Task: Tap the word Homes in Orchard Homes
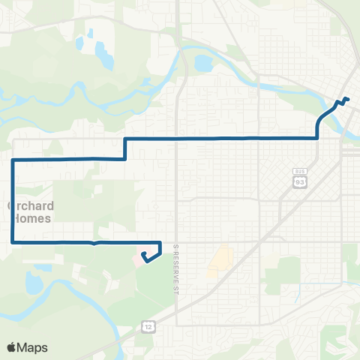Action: (29, 218)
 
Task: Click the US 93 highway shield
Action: (299, 182)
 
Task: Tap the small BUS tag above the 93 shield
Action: (299, 172)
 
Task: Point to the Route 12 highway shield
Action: (145, 326)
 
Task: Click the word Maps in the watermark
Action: (33, 347)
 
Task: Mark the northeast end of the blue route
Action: (347, 99)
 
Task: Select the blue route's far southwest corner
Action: (13, 241)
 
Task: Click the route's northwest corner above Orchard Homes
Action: (13, 160)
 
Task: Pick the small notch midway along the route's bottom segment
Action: (92, 243)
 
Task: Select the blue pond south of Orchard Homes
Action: (34, 283)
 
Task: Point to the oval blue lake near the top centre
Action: (203, 63)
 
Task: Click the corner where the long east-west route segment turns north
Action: (317, 138)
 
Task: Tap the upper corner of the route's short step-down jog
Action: (124, 139)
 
